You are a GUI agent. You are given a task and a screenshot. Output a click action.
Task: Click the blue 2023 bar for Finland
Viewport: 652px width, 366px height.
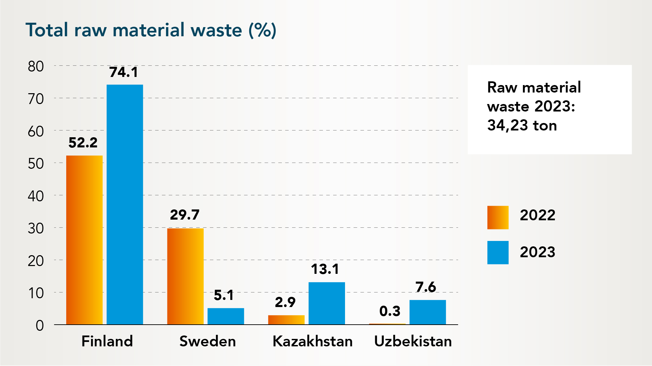pos(125,204)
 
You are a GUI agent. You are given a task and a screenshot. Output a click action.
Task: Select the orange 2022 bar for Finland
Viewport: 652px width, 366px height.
pos(84,240)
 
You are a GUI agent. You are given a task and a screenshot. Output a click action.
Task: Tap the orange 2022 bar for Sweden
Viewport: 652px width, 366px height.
pos(185,276)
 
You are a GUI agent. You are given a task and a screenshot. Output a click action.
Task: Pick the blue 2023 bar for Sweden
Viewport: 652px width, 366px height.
pos(226,316)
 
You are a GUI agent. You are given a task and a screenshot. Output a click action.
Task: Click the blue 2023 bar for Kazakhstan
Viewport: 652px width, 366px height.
pos(327,303)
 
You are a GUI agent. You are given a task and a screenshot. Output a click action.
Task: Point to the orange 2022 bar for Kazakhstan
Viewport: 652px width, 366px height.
pos(286,320)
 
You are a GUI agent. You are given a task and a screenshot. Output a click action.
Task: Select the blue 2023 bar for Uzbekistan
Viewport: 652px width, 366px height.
pos(428,312)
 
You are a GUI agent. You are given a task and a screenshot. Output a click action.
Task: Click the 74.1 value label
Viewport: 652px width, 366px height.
pos(124,72)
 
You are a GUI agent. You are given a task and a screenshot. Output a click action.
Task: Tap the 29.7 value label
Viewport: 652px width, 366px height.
pos(185,215)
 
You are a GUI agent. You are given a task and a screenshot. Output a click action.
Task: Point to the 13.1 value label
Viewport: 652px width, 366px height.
pos(325,269)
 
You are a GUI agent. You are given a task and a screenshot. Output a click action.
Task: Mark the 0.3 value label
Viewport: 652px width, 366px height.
pos(390,311)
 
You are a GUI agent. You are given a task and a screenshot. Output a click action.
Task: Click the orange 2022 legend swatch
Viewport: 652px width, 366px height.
pos(498,218)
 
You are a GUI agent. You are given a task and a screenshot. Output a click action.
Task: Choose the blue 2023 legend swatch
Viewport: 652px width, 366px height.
pos(498,252)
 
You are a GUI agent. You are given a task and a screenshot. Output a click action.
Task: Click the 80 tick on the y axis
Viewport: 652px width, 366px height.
pos(36,66)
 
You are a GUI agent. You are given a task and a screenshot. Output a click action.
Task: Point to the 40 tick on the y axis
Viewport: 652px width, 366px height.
pos(36,196)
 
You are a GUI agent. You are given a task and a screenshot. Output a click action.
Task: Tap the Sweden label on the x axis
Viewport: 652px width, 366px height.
pos(207,341)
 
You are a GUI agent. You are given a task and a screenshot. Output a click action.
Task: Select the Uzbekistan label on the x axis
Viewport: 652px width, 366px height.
pos(413,341)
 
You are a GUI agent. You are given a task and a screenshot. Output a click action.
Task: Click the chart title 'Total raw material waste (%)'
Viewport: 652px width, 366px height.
pos(151,30)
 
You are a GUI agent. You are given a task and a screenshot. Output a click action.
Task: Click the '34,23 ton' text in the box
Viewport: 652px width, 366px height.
pos(522,125)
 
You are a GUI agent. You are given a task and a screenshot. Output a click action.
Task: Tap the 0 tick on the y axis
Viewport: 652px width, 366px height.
pos(40,326)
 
